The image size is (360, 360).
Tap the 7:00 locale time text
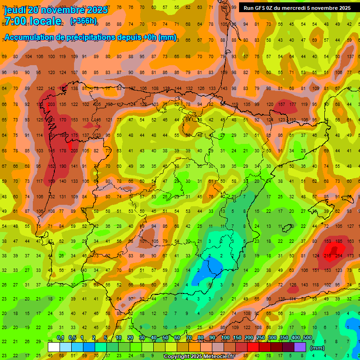click(33, 21)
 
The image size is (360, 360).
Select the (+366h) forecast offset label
click(83, 21)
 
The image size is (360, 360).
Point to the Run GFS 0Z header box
click(297, 8)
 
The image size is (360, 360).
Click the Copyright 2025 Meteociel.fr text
click(199, 357)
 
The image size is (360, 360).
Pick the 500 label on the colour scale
click(307, 338)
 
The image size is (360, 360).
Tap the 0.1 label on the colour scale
click(60, 338)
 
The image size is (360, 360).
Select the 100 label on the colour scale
click(225, 338)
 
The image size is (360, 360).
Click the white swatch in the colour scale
click(54, 347)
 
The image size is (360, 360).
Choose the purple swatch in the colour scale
click(300, 347)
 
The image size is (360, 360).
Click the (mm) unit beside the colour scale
click(317, 348)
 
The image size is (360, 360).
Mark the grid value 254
click(339, 256)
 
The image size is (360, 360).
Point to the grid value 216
click(328, 256)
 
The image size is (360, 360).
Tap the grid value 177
click(293, 105)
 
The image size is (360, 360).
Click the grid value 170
click(62, 120)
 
